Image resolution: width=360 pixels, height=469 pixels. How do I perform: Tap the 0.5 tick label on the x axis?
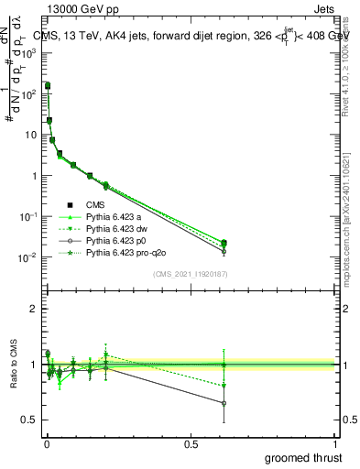point(191,442)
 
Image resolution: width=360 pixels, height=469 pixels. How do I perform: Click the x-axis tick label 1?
point(336,442)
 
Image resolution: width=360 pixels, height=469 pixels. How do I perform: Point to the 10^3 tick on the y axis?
point(32,53)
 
